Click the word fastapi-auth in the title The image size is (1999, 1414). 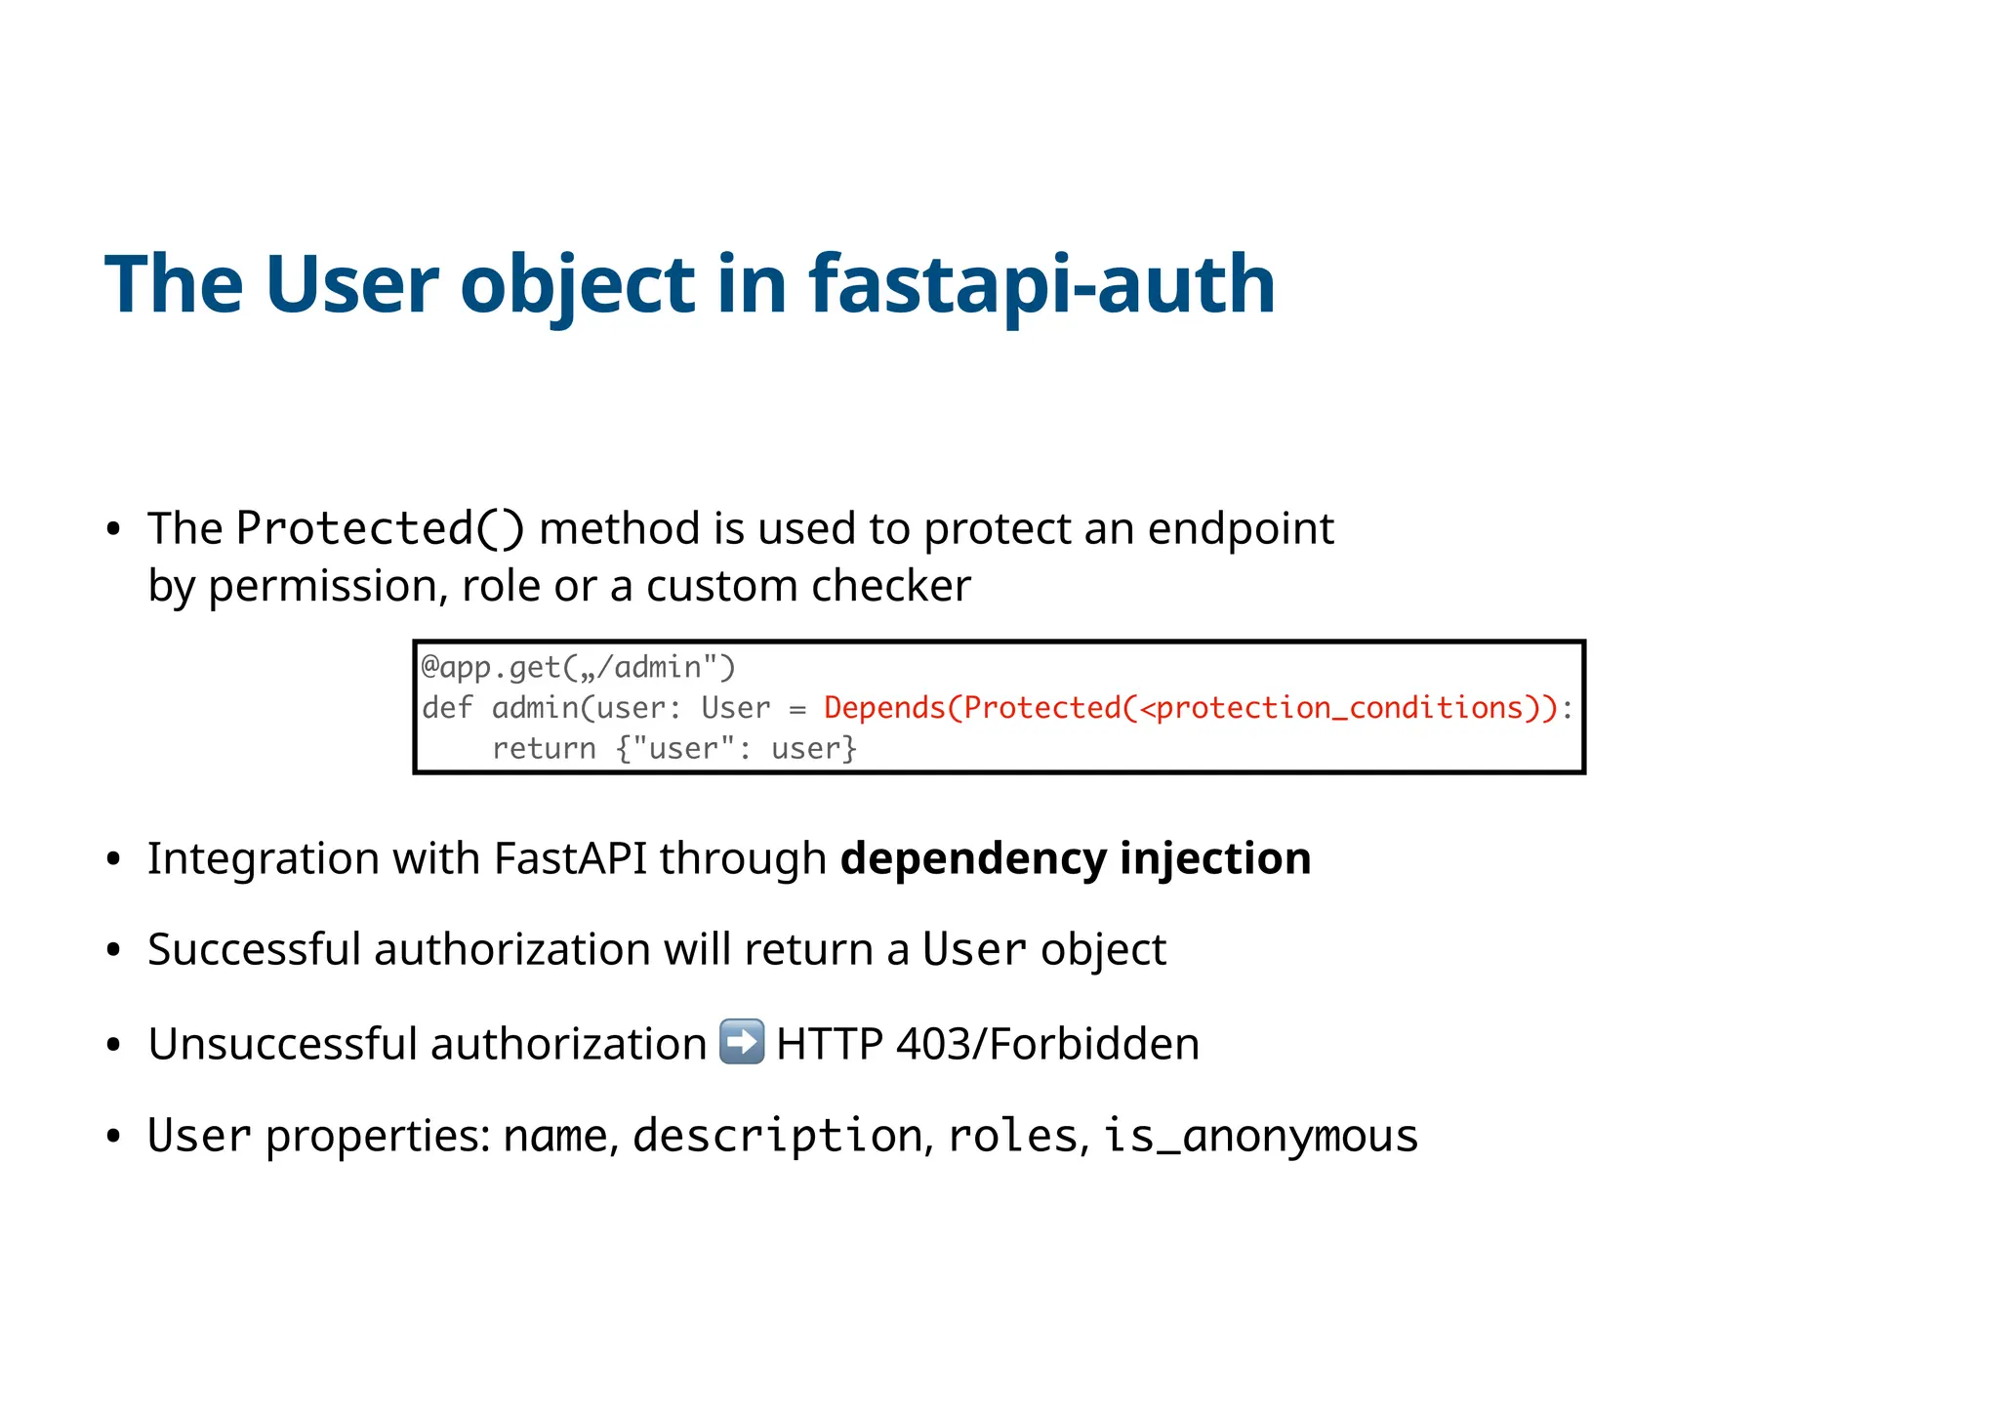[1041, 284]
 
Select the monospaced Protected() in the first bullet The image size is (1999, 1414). [380, 528]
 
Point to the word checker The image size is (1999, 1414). [890, 586]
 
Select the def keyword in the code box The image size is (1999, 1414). [447, 708]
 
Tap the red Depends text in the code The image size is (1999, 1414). [883, 708]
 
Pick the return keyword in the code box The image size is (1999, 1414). [543, 749]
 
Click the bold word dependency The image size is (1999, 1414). [973, 858]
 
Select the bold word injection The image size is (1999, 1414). [1215, 858]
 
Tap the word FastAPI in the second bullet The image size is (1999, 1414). [570, 858]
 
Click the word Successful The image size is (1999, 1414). [254, 949]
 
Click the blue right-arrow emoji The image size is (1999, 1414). [742, 1041]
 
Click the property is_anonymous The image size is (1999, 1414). [1260, 1136]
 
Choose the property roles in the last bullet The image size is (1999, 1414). [1012, 1136]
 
